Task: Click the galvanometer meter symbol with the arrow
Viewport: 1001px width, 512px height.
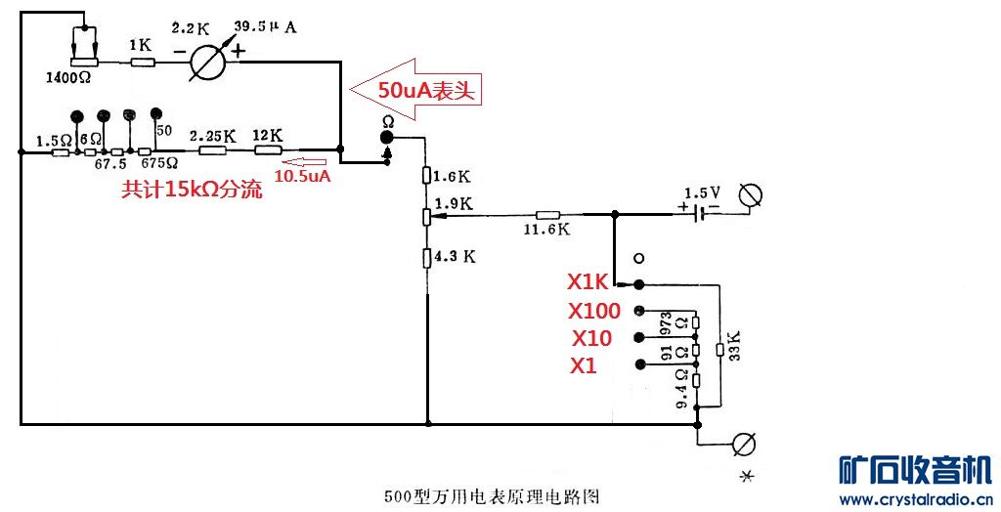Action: (207, 62)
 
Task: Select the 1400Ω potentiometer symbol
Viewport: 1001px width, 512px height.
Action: (86, 62)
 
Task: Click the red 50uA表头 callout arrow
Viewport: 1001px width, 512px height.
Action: (419, 90)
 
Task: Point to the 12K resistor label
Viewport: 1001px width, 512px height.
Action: (267, 135)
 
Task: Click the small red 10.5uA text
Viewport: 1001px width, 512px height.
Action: (303, 177)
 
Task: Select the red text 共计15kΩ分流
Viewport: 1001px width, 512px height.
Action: (192, 191)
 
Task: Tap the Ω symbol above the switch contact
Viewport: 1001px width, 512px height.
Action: (387, 122)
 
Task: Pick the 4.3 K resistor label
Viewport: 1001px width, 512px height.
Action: (456, 257)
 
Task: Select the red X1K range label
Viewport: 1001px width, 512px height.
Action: (588, 282)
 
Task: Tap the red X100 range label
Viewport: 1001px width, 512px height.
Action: (593, 312)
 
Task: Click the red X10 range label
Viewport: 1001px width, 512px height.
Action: (592, 338)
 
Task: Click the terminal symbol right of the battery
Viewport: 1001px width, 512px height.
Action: (750, 196)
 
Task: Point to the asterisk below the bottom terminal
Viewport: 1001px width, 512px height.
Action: (748, 476)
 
